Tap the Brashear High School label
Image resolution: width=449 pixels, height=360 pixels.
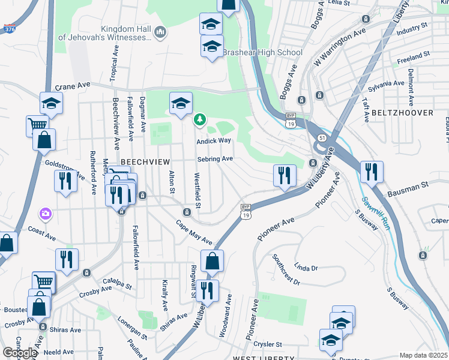pyautogui.click(x=262, y=52)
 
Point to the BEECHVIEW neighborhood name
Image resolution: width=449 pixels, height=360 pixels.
pyautogui.click(x=146, y=163)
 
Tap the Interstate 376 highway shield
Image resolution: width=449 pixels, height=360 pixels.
pyautogui.click(x=8, y=28)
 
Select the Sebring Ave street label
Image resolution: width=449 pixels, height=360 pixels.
pyautogui.click(x=215, y=159)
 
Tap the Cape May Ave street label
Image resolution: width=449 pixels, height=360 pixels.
pyautogui.click(x=194, y=232)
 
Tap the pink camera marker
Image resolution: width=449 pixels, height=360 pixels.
pyautogui.click(x=45, y=214)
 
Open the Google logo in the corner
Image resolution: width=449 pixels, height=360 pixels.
pyautogui.click(x=19, y=352)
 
